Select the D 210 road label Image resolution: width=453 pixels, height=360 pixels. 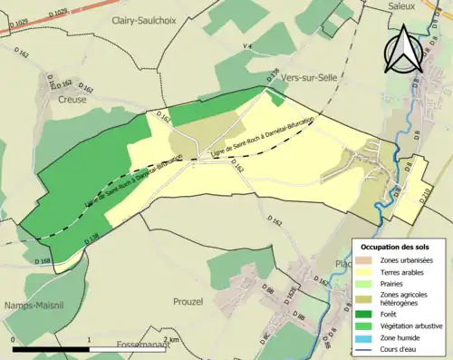point(426,196)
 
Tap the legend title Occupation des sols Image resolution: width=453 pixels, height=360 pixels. point(397,247)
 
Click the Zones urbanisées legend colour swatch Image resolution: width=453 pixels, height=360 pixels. point(366,261)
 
